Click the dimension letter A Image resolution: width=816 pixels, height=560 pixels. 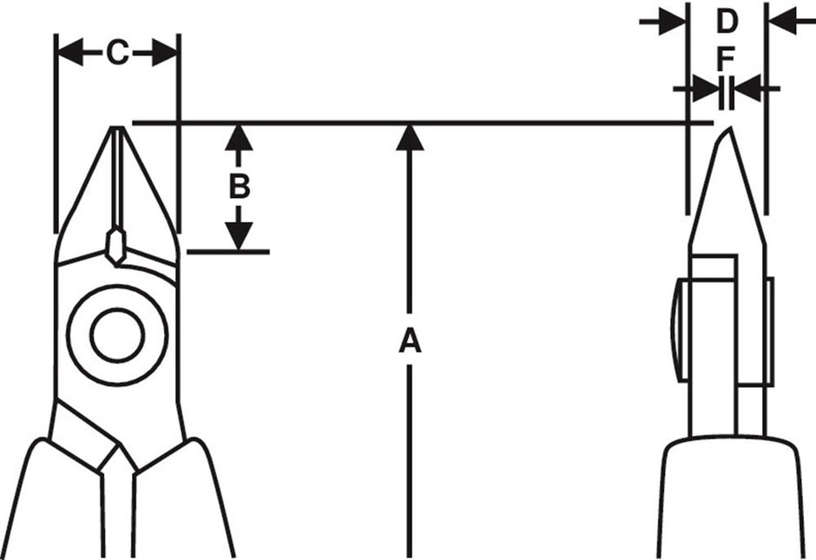click(x=409, y=341)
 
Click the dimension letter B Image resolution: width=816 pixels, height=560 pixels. click(x=240, y=187)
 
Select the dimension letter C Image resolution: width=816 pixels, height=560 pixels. click(x=117, y=54)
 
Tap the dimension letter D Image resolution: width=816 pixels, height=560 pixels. click(x=727, y=22)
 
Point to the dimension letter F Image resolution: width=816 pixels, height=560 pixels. click(x=727, y=59)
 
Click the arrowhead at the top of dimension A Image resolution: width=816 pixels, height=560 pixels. click(x=409, y=137)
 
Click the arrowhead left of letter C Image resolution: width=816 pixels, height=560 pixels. click(x=70, y=54)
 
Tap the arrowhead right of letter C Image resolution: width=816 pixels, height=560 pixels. click(x=164, y=54)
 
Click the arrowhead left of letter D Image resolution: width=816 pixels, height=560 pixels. click(x=673, y=22)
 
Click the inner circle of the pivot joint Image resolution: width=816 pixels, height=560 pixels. click(x=117, y=333)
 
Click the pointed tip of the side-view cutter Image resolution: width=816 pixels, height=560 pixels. click(x=726, y=132)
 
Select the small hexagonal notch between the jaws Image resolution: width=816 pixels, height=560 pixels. click(x=115, y=243)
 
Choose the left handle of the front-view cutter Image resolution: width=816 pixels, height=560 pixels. click(x=52, y=504)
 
